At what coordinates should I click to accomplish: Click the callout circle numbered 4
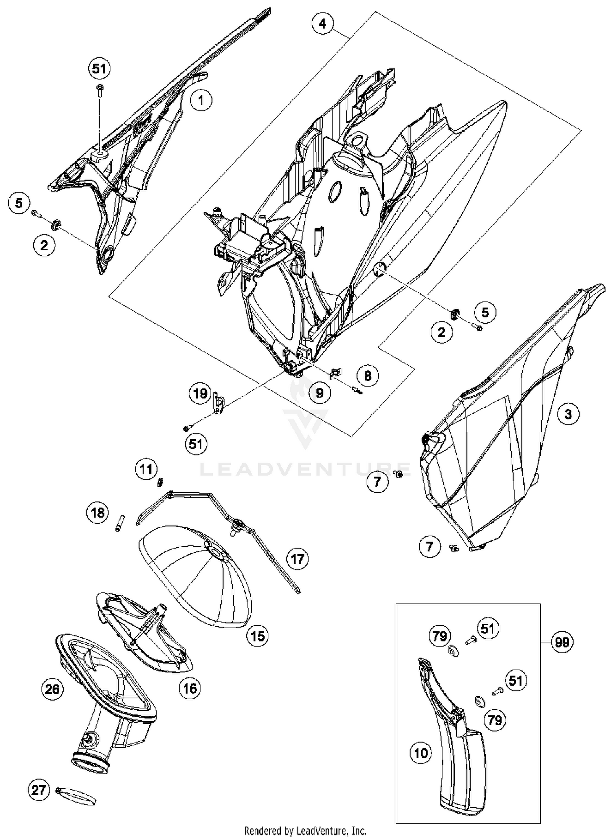click(322, 24)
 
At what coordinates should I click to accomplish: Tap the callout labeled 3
click(568, 414)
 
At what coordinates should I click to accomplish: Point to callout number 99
click(562, 642)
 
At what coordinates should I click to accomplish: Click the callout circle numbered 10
click(421, 752)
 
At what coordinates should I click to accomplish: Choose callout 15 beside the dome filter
click(258, 636)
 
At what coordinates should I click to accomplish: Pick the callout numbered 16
click(190, 688)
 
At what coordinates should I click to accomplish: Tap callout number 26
click(52, 689)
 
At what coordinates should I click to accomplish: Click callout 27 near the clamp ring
click(39, 791)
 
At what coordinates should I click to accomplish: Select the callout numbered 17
click(297, 559)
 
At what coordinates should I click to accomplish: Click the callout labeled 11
click(146, 469)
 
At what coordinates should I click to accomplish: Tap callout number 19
click(200, 394)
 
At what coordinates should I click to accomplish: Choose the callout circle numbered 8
click(367, 375)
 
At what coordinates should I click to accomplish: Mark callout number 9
click(320, 392)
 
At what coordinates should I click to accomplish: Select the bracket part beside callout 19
click(219, 404)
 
